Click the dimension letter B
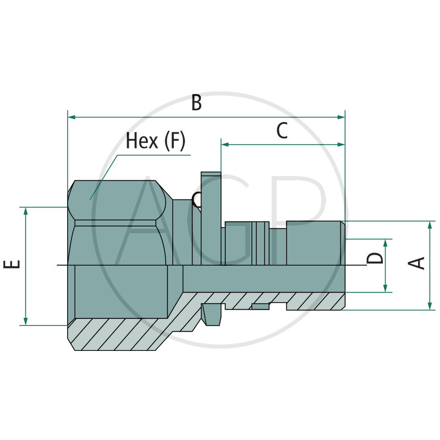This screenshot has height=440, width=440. pos(196,103)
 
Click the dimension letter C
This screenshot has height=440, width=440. pos(282,131)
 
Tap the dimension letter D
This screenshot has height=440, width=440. pos(376,257)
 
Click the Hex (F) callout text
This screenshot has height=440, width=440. pos(156,141)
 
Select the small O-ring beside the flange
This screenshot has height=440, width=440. pos(196,200)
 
